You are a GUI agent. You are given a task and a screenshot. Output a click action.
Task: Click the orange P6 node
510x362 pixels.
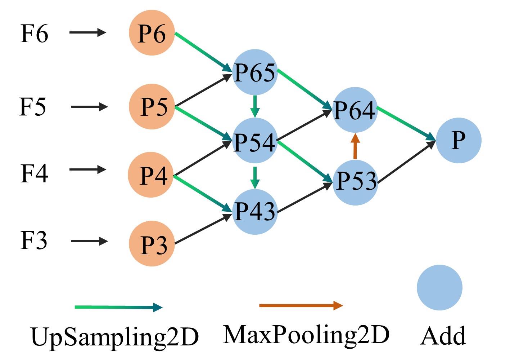pyautogui.click(x=152, y=33)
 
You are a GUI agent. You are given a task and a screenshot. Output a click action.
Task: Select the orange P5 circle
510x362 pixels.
pyautogui.click(x=152, y=107)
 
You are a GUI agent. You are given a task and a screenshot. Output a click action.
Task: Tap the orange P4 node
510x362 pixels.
pyautogui.click(x=151, y=175)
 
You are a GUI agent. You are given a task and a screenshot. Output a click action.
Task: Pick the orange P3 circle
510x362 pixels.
pyautogui.click(x=152, y=244)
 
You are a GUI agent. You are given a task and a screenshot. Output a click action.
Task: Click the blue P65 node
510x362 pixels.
pyautogui.click(x=255, y=72)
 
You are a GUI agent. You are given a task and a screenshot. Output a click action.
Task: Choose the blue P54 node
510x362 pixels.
pyautogui.click(x=255, y=141)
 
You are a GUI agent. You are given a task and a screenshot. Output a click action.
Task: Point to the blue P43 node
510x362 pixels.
pyautogui.click(x=255, y=211)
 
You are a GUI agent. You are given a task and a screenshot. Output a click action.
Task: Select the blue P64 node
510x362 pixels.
pyautogui.click(x=355, y=110)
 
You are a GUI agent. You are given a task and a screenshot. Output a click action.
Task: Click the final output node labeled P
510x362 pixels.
pyautogui.click(x=458, y=140)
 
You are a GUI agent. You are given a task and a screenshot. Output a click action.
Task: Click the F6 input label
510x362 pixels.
pyautogui.click(x=34, y=34)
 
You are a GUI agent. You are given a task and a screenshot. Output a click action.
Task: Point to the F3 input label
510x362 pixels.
pyautogui.click(x=33, y=240)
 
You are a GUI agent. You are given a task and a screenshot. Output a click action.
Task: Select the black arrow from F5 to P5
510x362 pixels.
pyautogui.click(x=89, y=107)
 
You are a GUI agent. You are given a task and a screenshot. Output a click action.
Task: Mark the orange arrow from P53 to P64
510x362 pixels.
pyautogui.click(x=355, y=146)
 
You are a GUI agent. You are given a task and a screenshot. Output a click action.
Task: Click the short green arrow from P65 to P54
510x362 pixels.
pyautogui.click(x=255, y=106)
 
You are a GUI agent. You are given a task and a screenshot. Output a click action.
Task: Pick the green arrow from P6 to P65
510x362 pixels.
pyautogui.click(x=203, y=52)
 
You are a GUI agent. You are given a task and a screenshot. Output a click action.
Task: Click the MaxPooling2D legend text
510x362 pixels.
pyautogui.click(x=306, y=334)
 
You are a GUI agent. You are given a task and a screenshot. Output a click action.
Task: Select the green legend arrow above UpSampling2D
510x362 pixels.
pyautogui.click(x=118, y=307)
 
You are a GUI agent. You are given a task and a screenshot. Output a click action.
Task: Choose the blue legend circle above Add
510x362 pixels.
pyautogui.click(x=439, y=288)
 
